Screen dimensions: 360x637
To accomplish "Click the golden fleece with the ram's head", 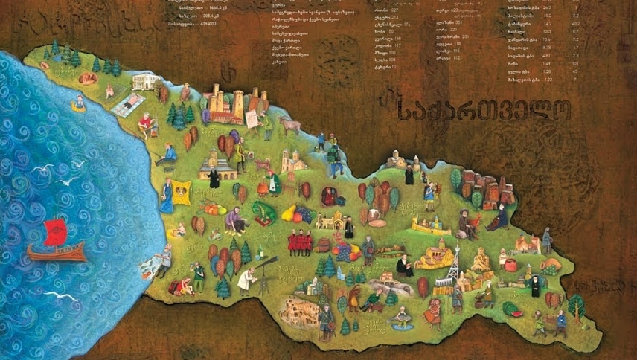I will (182, 191).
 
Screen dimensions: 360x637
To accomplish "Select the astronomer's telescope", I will (265, 265).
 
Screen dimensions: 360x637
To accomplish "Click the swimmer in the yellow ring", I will (78, 104).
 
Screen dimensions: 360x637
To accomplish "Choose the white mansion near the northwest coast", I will (143, 80).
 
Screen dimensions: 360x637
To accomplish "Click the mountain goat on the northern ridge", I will (289, 124).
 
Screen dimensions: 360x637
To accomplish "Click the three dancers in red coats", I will (299, 242).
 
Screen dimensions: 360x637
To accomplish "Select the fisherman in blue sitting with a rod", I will (167, 155).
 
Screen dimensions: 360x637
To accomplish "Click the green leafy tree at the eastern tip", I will (576, 305).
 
